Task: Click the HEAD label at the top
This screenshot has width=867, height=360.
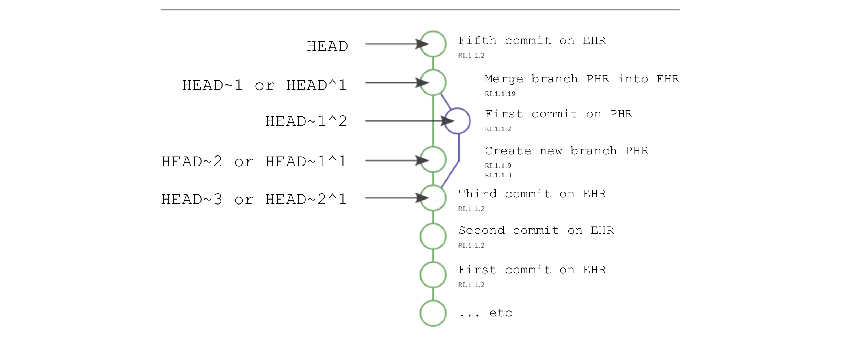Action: click(x=327, y=46)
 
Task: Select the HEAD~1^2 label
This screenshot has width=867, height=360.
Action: click(x=306, y=121)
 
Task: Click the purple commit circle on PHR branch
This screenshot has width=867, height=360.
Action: click(x=457, y=121)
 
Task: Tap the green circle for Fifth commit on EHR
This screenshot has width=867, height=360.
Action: click(x=433, y=44)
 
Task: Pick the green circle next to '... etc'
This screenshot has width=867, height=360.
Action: click(x=433, y=313)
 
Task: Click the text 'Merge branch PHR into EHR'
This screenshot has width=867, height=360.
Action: click(x=582, y=79)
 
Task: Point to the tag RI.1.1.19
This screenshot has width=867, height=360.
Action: click(x=500, y=94)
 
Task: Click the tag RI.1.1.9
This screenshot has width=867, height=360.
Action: click(x=498, y=166)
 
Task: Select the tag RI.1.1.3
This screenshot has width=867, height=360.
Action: click(x=498, y=175)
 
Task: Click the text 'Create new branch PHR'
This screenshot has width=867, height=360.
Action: click(x=566, y=151)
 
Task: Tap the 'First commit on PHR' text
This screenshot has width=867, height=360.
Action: click(x=558, y=114)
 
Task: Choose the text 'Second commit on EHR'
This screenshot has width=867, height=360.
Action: click(x=536, y=230)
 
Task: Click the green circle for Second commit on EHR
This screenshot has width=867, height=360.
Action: click(x=433, y=236)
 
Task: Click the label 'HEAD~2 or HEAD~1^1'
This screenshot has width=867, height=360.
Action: click(x=254, y=162)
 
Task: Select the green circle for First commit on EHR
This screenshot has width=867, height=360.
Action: click(x=433, y=275)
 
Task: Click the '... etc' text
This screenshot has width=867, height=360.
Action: click(x=486, y=313)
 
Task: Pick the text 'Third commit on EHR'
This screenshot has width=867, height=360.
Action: click(x=532, y=194)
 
